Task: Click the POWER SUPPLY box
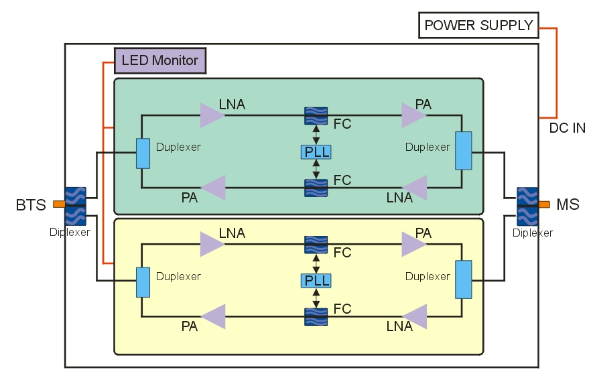(478, 25)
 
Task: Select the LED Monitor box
(159, 60)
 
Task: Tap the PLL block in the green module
(316, 151)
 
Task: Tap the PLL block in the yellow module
(316, 280)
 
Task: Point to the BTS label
(31, 205)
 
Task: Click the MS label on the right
(568, 204)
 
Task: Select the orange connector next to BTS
(59, 204)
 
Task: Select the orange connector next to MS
(544, 204)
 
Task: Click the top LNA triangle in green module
(211, 115)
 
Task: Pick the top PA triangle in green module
(413, 115)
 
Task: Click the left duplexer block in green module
(143, 153)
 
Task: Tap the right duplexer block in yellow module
(463, 279)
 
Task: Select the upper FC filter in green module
(316, 115)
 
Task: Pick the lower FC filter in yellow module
(316, 316)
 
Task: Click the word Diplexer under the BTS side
(70, 233)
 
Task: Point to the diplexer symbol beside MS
(527, 204)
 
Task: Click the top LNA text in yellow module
(232, 233)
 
